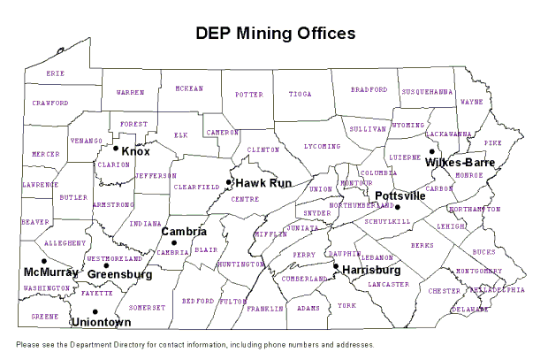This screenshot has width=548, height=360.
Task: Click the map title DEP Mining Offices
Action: (x=275, y=33)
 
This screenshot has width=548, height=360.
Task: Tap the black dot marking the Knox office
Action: (x=116, y=148)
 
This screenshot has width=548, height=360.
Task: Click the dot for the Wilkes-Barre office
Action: (x=432, y=151)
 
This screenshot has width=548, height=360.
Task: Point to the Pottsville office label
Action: (x=400, y=195)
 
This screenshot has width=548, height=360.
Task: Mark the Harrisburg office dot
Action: (x=336, y=265)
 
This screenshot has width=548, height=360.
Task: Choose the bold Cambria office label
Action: (x=184, y=232)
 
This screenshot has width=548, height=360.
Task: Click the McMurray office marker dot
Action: (x=43, y=261)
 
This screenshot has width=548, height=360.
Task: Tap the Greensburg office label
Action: (x=119, y=275)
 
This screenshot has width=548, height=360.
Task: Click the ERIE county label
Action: (x=56, y=73)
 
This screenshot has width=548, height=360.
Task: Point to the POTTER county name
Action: (x=248, y=93)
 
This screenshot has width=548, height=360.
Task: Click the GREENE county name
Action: (x=45, y=315)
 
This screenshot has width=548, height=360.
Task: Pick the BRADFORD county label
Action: (x=369, y=89)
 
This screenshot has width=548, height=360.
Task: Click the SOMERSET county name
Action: (x=147, y=307)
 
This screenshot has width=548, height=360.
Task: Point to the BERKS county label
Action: (x=422, y=245)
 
